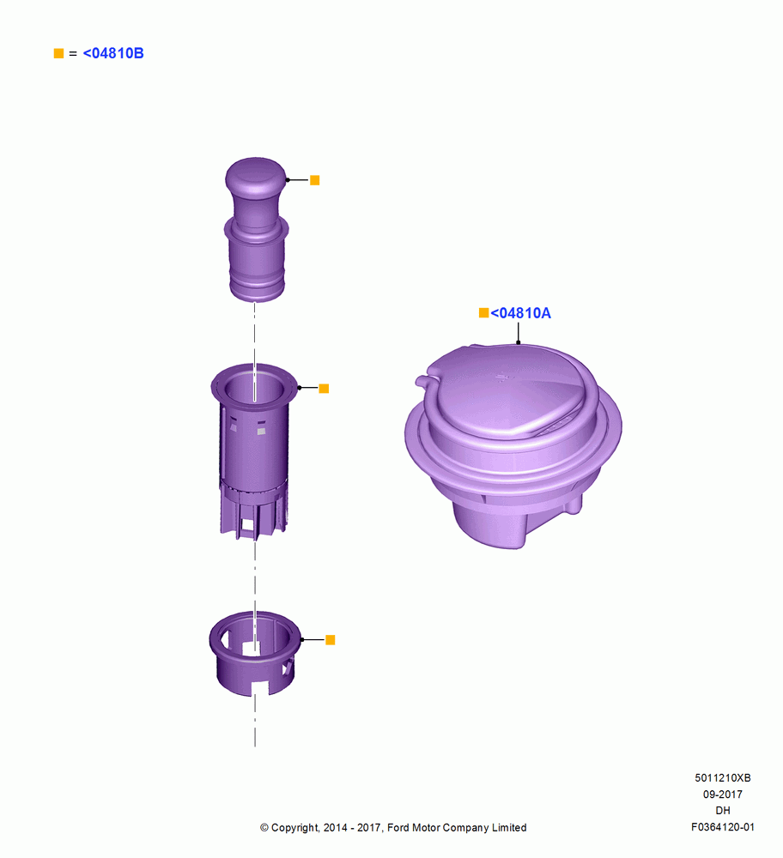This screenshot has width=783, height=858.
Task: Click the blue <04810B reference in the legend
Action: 113,53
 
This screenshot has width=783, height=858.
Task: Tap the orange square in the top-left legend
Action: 58,53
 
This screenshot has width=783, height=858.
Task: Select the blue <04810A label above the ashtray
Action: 521,313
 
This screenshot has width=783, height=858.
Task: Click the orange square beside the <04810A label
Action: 483,312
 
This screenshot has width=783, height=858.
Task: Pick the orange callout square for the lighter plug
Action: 315,180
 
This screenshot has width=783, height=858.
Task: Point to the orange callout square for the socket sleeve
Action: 324,389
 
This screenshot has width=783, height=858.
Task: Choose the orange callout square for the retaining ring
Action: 331,640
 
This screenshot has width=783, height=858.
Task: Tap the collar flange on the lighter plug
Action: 256,229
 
